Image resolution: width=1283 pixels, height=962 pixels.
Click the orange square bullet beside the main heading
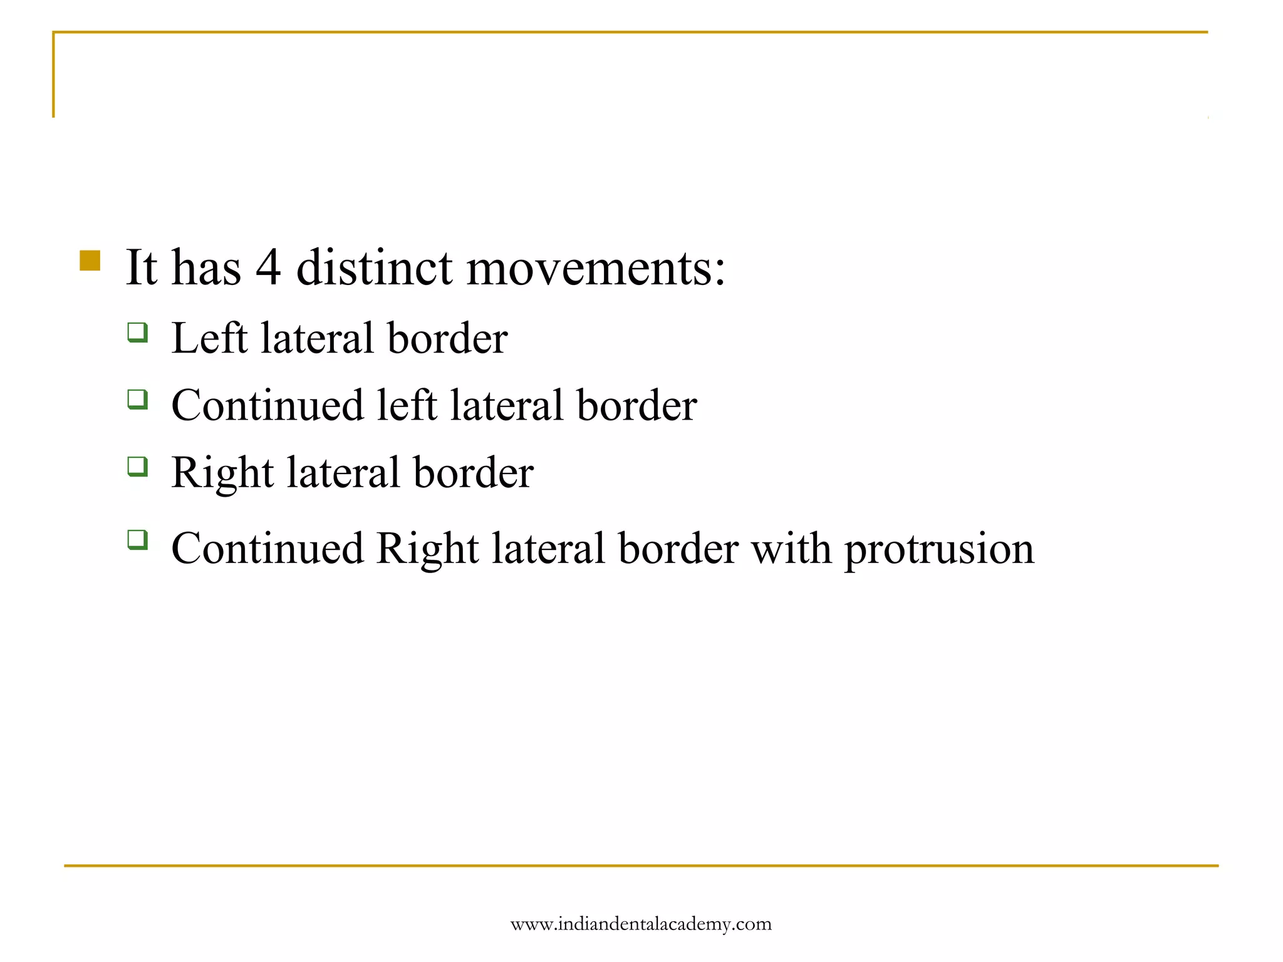(x=90, y=261)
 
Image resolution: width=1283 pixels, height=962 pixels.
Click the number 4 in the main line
(x=268, y=268)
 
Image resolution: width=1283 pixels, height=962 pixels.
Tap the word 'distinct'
(x=374, y=268)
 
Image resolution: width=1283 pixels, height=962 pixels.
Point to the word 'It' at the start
(x=142, y=268)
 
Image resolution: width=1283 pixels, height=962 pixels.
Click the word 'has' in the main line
(x=206, y=268)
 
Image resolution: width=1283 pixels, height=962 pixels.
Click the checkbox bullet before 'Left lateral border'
(x=138, y=332)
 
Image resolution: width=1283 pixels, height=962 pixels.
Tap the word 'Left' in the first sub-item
(x=209, y=338)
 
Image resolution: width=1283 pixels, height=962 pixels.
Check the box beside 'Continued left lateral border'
(x=138, y=399)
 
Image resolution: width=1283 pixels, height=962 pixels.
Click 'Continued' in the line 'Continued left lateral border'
(x=268, y=405)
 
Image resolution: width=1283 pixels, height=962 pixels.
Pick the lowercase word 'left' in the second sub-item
(x=407, y=405)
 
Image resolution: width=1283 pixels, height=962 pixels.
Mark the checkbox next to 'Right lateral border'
(x=138, y=467)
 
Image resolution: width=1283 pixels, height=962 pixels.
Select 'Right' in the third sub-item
(x=222, y=473)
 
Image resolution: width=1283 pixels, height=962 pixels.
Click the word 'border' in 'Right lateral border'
(x=473, y=473)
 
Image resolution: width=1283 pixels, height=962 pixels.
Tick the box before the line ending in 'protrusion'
(x=138, y=539)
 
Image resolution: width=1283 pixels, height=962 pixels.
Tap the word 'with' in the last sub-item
(x=791, y=549)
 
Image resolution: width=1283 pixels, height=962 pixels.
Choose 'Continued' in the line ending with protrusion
(x=268, y=549)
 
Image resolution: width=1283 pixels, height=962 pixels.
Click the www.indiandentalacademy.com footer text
(x=641, y=924)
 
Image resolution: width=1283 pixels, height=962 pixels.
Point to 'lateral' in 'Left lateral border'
(x=317, y=338)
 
